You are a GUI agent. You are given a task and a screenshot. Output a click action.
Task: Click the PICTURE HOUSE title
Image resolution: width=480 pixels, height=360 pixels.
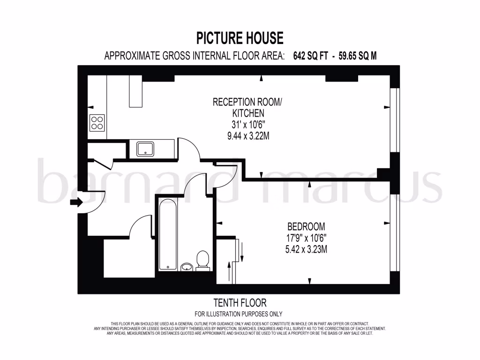click(x=240, y=37)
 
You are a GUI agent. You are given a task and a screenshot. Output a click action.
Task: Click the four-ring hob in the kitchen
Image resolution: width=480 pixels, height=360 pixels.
click(x=97, y=123)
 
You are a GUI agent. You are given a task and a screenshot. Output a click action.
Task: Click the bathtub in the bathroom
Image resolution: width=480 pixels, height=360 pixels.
click(x=166, y=234)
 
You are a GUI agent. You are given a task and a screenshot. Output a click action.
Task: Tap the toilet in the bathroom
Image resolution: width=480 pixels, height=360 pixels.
click(x=202, y=261)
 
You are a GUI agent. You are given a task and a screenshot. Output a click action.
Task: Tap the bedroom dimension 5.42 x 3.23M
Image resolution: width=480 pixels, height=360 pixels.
click(x=306, y=249)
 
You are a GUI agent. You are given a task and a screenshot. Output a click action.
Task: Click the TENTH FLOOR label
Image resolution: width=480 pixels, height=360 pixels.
click(x=240, y=303)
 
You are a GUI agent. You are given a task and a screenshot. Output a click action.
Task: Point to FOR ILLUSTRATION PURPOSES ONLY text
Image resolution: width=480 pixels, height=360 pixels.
click(x=239, y=314)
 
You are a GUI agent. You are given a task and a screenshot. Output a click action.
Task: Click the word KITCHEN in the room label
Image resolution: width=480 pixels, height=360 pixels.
click(x=248, y=113)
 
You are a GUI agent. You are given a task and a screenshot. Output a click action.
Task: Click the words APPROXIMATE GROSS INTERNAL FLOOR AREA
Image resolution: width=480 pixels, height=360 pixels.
click(x=194, y=56)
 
